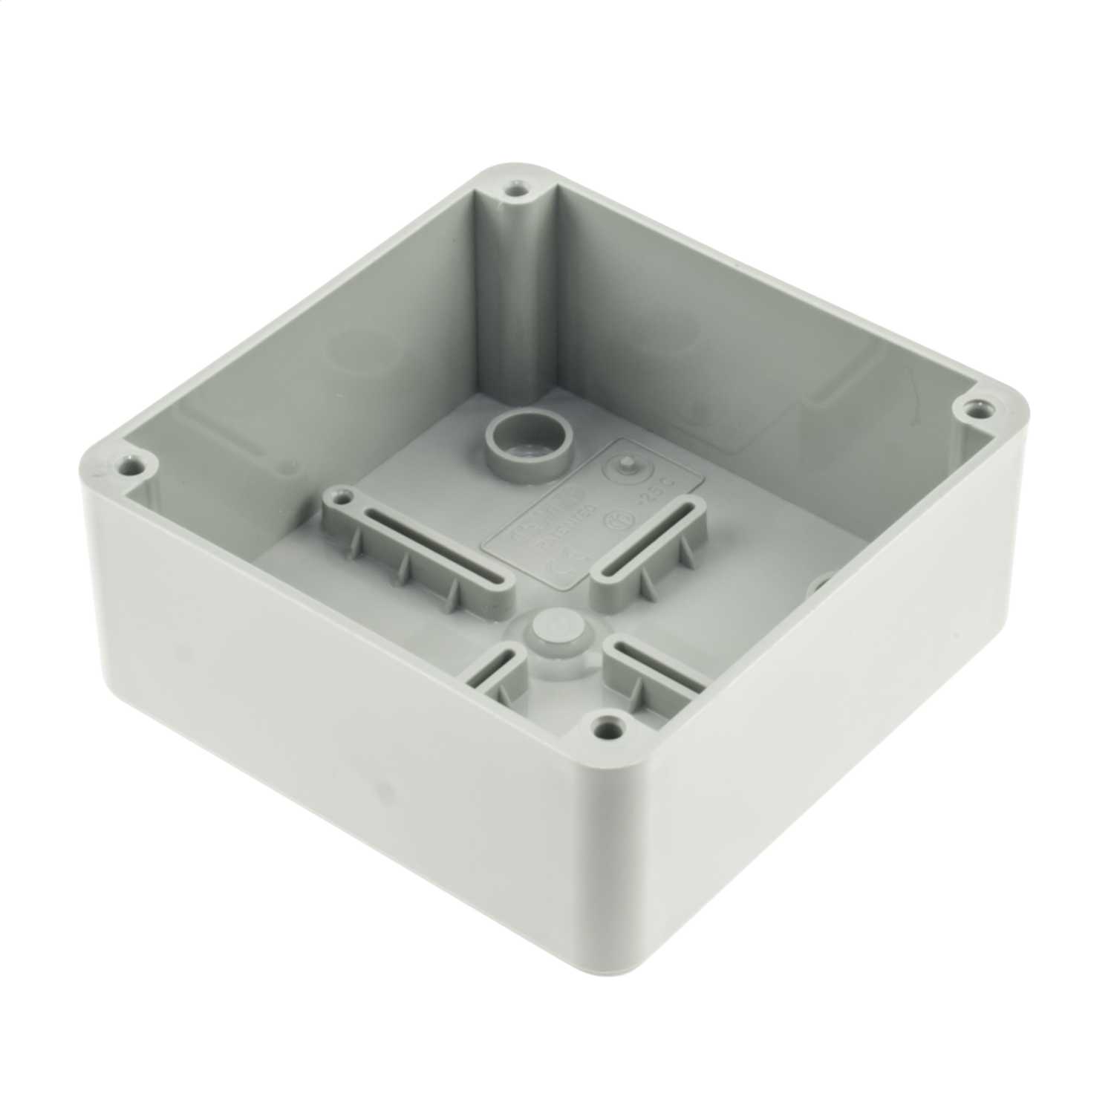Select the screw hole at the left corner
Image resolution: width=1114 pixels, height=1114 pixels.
click(133, 469)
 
